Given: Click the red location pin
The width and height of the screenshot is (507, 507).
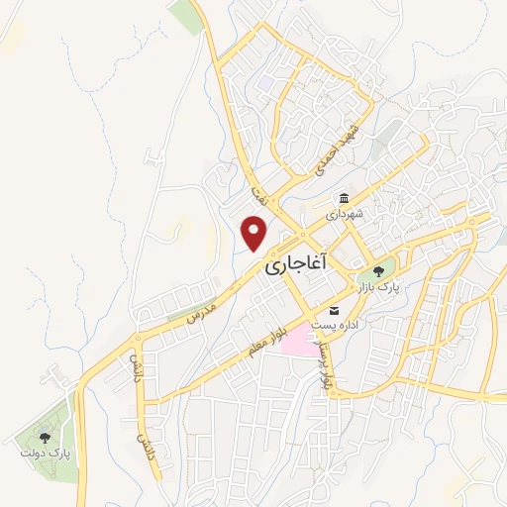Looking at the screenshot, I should (x=255, y=232).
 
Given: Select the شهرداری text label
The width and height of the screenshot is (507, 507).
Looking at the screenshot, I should (x=347, y=213).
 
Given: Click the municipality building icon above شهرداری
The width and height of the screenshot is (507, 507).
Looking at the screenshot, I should (x=344, y=198).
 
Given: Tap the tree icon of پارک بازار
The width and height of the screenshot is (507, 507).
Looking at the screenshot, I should (x=376, y=271).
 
